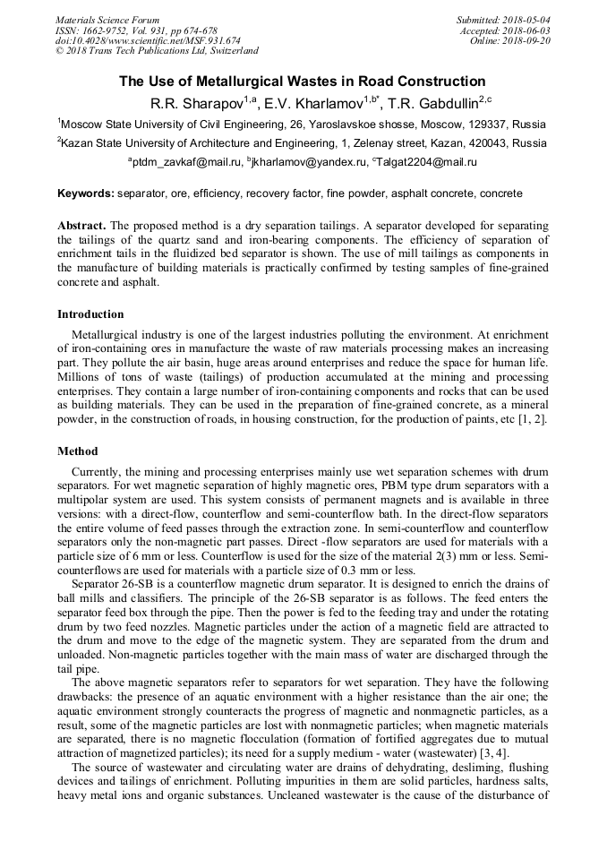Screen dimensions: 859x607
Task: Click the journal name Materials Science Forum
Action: pos(107,19)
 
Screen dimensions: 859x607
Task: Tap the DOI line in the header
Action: pos(148,40)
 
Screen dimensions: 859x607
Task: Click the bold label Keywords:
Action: pos(85,193)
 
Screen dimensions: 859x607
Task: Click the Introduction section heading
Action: pos(90,314)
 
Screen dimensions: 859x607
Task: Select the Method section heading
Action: pos(78,451)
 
